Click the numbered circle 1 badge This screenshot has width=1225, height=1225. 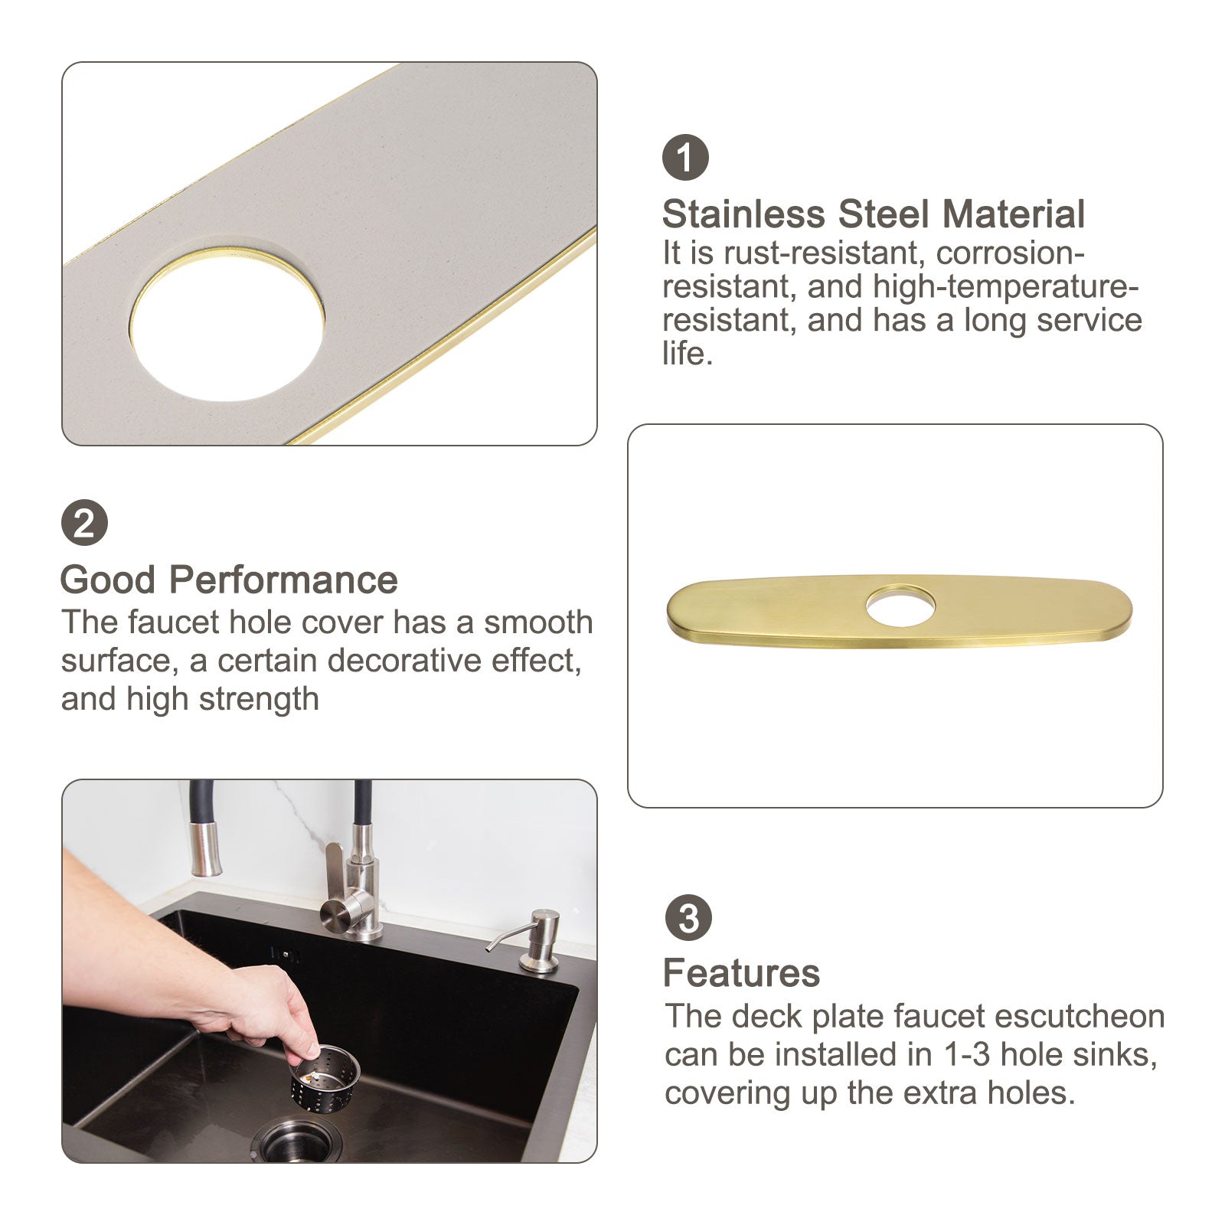pyautogui.click(x=685, y=158)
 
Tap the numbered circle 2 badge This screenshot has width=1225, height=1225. pyautogui.click(x=84, y=523)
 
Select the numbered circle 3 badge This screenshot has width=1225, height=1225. pyautogui.click(x=688, y=918)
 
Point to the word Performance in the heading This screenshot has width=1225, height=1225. pyautogui.click(x=283, y=580)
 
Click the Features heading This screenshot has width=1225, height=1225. pyautogui.click(x=741, y=973)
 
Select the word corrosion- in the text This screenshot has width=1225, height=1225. pyautogui.click(x=1011, y=253)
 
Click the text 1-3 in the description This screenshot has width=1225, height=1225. pyautogui.click(x=968, y=1054)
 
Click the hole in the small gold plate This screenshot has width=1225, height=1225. pyautogui.click(x=900, y=606)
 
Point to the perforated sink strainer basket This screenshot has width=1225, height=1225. pyautogui.click(x=325, y=1073)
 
